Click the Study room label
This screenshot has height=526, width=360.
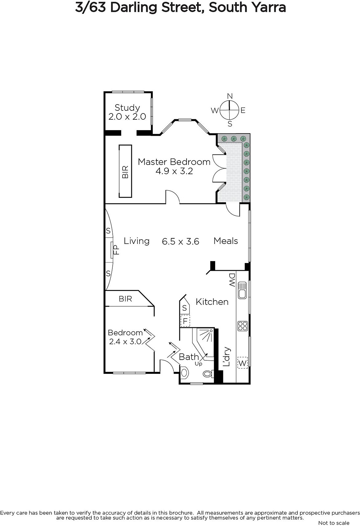coord(127,108)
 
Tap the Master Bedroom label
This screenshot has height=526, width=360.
coord(174,162)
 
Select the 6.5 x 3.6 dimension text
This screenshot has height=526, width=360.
coord(180,241)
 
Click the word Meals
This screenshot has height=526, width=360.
coord(226,241)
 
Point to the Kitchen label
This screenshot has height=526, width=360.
coord(212,302)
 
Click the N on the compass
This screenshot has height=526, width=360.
coord(230,96)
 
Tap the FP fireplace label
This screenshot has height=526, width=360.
coord(117,250)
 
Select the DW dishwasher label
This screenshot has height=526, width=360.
coord(232,280)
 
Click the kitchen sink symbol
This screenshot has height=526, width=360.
coord(242,290)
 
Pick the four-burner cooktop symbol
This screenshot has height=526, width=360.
coord(242,326)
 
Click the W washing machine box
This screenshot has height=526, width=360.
coord(242,363)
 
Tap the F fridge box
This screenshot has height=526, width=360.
coord(185,321)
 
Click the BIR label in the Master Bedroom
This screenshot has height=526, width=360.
coord(125,172)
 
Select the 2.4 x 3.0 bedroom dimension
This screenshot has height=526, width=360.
coord(125,341)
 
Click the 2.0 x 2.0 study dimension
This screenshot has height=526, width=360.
coord(127,116)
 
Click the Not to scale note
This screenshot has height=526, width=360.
coord(334,523)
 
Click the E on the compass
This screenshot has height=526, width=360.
coord(243,110)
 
